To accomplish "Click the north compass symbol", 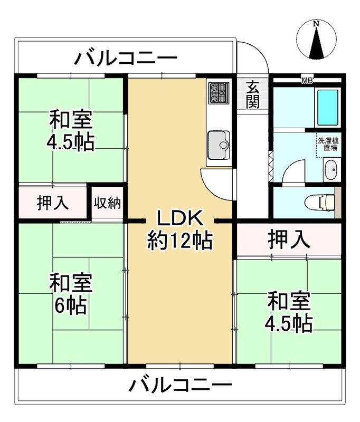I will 316,40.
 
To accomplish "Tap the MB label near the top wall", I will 307,81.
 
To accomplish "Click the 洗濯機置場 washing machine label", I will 328,144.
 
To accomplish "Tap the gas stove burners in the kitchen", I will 218,93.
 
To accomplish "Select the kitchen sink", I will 218,143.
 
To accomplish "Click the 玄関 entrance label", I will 253,94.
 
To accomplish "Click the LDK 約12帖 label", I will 178,229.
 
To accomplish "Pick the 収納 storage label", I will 108,203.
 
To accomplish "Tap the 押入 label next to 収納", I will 52,203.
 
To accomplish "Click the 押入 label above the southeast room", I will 288,241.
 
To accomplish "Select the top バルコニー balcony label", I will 125,57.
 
